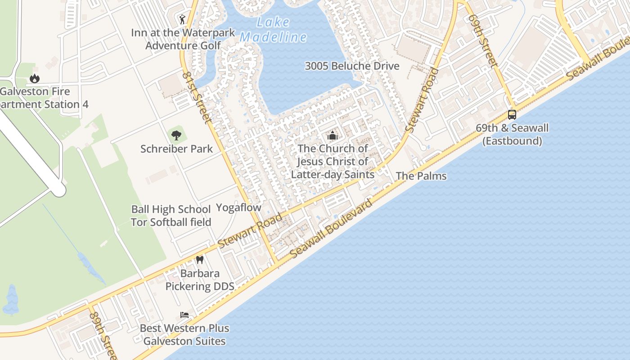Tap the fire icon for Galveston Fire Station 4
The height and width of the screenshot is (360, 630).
coord(35,79)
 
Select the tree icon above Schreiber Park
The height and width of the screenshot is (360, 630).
coord(176,135)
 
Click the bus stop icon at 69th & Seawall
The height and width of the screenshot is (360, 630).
coord(512,115)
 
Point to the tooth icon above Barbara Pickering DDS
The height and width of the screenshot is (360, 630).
coord(200,260)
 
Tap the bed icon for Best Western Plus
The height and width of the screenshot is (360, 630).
coord(184,315)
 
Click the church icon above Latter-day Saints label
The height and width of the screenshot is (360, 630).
coord(333,135)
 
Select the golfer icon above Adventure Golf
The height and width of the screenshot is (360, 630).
coord(182,19)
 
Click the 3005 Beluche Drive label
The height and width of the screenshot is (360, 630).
coord(352,66)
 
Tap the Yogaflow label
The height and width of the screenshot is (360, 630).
coord(238,207)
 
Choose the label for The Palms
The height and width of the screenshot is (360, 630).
coord(421,176)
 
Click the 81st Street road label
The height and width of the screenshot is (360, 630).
coord(197,97)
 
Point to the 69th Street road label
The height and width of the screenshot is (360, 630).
coord(483,40)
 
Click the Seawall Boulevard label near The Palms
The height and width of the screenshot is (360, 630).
coord(331,228)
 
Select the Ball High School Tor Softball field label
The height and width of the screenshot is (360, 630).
coord(171,216)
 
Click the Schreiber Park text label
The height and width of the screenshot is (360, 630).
coord(176,149)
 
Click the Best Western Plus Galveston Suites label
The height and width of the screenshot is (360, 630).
coord(184,335)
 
